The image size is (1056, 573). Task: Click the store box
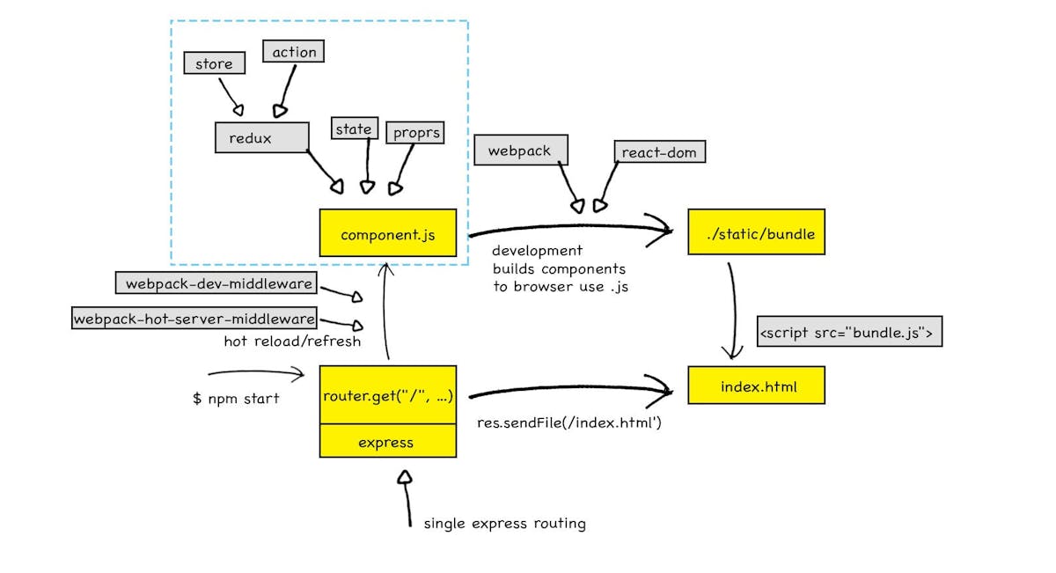tap(214, 63)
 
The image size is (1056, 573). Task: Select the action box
tap(294, 52)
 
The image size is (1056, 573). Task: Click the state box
tap(354, 129)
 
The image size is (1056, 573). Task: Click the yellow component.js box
tap(388, 234)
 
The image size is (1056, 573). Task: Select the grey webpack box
tap(520, 151)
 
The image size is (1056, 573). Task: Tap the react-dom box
tap(659, 152)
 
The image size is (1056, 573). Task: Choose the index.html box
tap(756, 386)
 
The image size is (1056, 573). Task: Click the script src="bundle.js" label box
tap(849, 333)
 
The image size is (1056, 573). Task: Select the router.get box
tap(388, 395)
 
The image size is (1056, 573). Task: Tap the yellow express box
tap(388, 441)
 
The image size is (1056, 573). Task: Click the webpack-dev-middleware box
tap(216, 283)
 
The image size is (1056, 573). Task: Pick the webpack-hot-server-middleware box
tap(194, 319)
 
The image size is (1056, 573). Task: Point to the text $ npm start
tap(236, 399)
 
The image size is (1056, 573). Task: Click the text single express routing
tap(504, 524)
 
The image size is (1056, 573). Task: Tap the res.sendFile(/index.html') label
tap(569, 422)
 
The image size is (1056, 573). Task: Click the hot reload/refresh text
tap(292, 341)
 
